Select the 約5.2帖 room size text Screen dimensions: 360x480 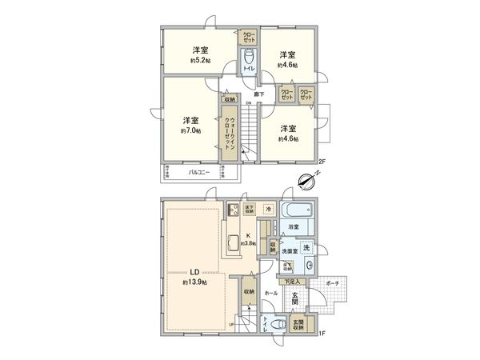[200, 60]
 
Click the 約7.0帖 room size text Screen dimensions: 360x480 [190, 130]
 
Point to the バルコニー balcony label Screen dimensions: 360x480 [199, 172]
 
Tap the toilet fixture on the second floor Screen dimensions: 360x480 [250, 59]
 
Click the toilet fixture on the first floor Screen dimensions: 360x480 [275, 326]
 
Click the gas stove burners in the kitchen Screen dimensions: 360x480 [234, 212]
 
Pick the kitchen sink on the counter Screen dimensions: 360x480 [234, 246]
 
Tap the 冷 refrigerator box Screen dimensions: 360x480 [269, 210]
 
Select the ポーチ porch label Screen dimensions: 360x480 [333, 283]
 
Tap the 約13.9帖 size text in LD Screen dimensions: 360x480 [194, 283]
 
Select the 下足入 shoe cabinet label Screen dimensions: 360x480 [292, 282]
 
